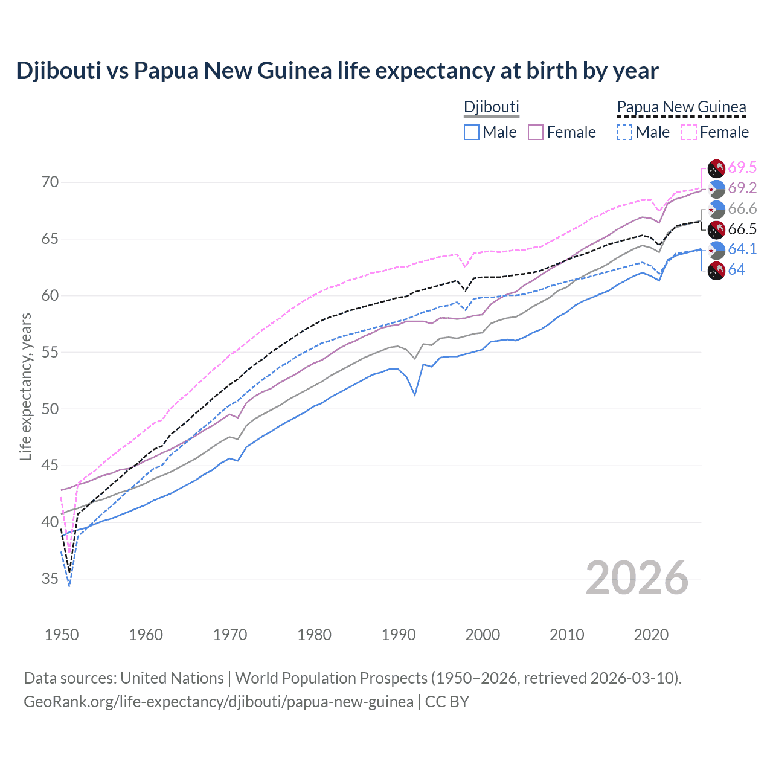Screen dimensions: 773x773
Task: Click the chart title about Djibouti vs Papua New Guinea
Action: tap(337, 71)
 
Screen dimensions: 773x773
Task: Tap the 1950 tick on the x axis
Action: tap(62, 635)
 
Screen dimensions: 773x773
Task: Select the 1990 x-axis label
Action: tap(399, 635)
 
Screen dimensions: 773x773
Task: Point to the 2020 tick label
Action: tap(651, 635)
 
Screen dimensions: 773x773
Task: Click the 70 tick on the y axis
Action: tap(50, 182)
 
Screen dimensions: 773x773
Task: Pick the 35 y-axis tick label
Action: tap(50, 579)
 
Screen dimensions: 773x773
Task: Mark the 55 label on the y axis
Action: tap(50, 352)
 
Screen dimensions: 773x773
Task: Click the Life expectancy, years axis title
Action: tap(25, 386)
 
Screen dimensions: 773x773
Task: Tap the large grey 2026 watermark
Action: tap(637, 579)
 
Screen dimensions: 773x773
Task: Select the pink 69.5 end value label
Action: tap(742, 167)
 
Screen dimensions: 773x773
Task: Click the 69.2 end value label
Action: tap(742, 188)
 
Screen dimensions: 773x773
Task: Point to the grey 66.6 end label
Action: tap(742, 208)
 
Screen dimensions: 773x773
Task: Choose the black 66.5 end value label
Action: tap(742, 229)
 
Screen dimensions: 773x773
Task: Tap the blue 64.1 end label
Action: tap(742, 249)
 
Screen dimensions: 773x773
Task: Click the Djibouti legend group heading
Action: tap(491, 107)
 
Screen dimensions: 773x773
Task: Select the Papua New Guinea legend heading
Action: tap(681, 107)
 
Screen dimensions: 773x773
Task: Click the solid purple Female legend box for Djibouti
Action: tap(536, 132)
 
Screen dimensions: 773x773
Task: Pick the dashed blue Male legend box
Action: tap(624, 132)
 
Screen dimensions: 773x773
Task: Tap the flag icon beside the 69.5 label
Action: tap(716, 168)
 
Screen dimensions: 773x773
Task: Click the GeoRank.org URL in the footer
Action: tap(218, 702)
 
